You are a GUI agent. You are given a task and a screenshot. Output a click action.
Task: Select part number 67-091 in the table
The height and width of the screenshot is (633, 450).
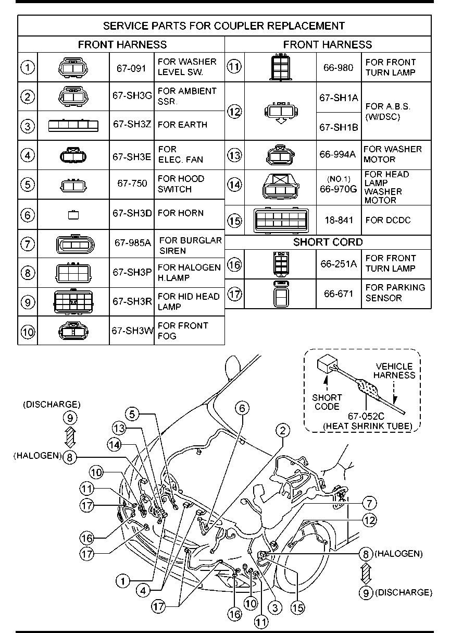tap(131, 67)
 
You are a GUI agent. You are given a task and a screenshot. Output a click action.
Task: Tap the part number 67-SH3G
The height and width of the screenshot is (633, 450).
tap(132, 96)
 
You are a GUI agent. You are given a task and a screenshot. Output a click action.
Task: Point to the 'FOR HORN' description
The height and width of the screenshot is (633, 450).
tap(180, 213)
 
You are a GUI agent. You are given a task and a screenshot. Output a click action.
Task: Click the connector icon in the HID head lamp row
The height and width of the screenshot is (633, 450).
tap(73, 302)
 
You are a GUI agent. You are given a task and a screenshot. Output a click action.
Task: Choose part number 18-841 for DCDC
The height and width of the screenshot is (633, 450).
tap(338, 220)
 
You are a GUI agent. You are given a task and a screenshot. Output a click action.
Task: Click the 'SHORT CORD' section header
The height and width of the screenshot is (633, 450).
tap(328, 242)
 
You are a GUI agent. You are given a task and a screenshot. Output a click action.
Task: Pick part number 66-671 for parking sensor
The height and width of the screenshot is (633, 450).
tap(338, 294)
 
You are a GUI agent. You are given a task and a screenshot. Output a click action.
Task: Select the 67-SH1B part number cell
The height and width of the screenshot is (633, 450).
tap(339, 127)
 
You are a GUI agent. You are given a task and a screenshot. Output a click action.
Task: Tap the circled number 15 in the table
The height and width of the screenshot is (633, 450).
tap(235, 220)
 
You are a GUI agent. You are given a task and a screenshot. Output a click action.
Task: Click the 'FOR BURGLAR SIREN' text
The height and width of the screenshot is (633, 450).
tap(190, 245)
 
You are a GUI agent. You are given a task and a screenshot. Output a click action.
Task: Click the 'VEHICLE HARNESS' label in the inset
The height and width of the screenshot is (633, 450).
tap(394, 371)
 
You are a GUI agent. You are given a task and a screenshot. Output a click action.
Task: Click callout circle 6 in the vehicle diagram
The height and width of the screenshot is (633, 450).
tap(242, 408)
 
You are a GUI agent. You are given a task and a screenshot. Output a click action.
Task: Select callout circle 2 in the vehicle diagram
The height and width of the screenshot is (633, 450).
tap(282, 430)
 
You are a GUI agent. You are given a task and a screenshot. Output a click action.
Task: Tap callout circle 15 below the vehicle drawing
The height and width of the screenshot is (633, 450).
tap(297, 607)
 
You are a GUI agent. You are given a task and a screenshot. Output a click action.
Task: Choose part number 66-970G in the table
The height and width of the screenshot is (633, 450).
tap(339, 189)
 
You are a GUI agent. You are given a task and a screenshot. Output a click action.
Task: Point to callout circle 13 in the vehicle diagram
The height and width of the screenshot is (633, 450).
tap(120, 428)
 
